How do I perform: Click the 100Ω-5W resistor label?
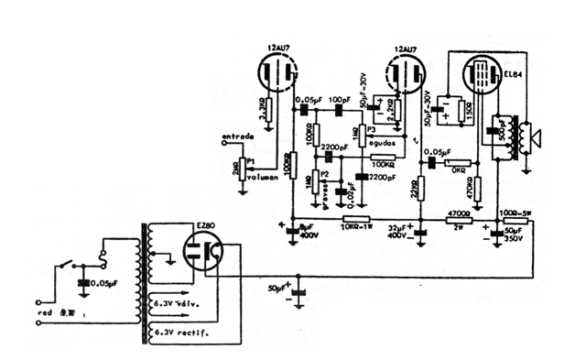pyautogui.click(x=515, y=213)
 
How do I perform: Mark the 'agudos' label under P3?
pyautogui.click(x=383, y=143)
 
